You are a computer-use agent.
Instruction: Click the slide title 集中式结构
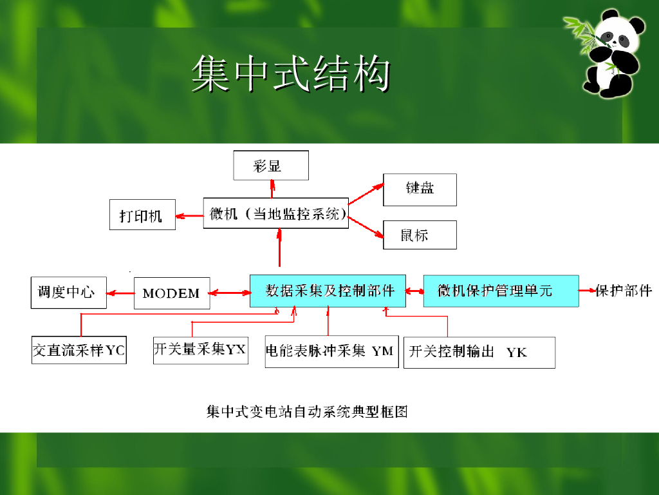[291, 74]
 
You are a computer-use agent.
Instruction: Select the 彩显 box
[270, 166]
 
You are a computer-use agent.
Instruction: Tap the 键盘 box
[420, 189]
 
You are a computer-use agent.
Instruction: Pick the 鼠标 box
[420, 235]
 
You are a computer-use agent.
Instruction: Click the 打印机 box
[142, 215]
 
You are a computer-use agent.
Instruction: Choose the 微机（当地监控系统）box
[275, 213]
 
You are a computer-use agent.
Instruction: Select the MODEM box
[171, 293]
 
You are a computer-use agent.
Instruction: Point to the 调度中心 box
[67, 293]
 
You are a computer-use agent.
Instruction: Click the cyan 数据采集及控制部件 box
[328, 291]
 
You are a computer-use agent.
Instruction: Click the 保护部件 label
[624, 291]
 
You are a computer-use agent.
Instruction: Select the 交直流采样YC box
[79, 350]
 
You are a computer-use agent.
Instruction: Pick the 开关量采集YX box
[200, 350]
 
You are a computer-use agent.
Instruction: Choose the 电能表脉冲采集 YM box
[331, 351]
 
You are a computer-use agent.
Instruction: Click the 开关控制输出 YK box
[479, 352]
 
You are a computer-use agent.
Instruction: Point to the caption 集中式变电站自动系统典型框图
[307, 411]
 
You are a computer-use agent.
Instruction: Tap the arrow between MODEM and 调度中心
[119, 293]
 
